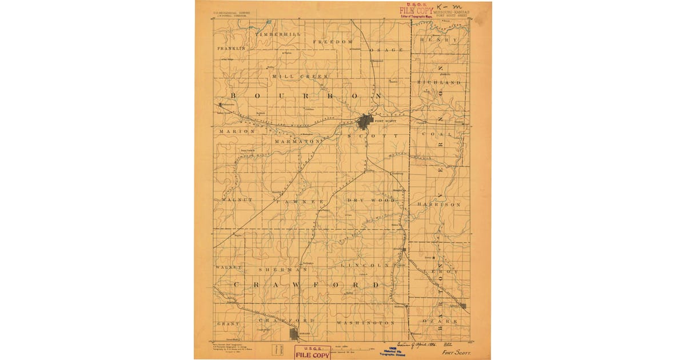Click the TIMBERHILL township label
(x=278, y=35)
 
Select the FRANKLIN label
(x=231, y=49)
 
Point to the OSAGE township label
(x=389, y=50)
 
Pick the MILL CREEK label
(x=301, y=76)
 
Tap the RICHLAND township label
(x=439, y=83)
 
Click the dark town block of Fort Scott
(x=365, y=121)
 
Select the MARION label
(x=236, y=131)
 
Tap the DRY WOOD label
(x=370, y=201)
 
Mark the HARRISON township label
(x=439, y=204)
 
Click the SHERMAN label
(x=275, y=269)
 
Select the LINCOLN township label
(x=365, y=266)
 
